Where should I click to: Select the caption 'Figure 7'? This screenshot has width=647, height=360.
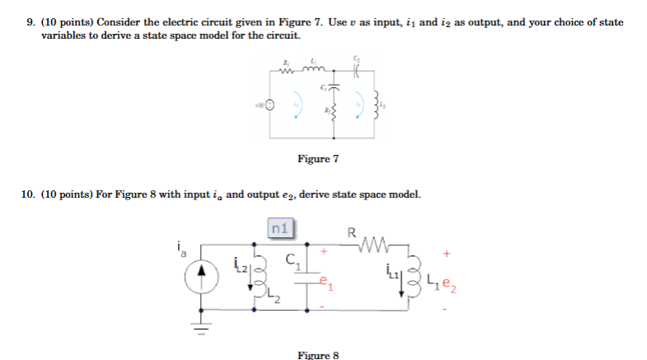pos(318,158)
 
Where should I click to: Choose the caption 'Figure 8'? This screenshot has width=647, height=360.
pos(318,354)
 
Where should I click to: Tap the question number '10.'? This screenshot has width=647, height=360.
pos(27,194)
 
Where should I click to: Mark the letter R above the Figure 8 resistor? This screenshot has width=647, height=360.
pos(354,232)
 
